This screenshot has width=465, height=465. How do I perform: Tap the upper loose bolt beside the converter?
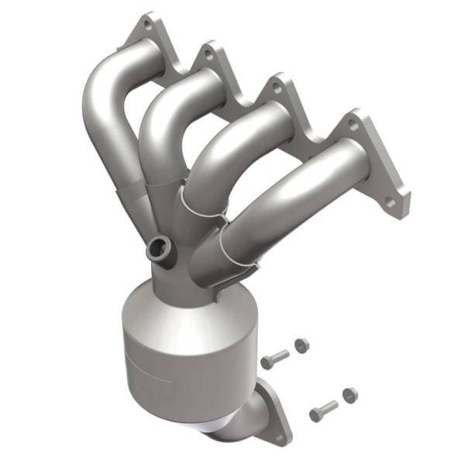274,359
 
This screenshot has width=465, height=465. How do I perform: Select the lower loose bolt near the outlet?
323,411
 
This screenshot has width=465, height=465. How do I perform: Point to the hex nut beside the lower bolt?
350,394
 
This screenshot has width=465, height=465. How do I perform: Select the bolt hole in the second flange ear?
207,54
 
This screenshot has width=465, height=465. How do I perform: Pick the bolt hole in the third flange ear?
277,88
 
